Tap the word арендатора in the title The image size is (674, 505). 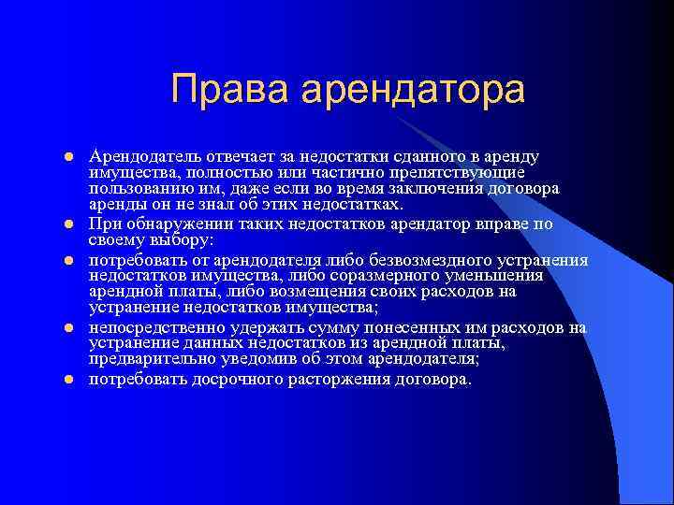click(x=409, y=90)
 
